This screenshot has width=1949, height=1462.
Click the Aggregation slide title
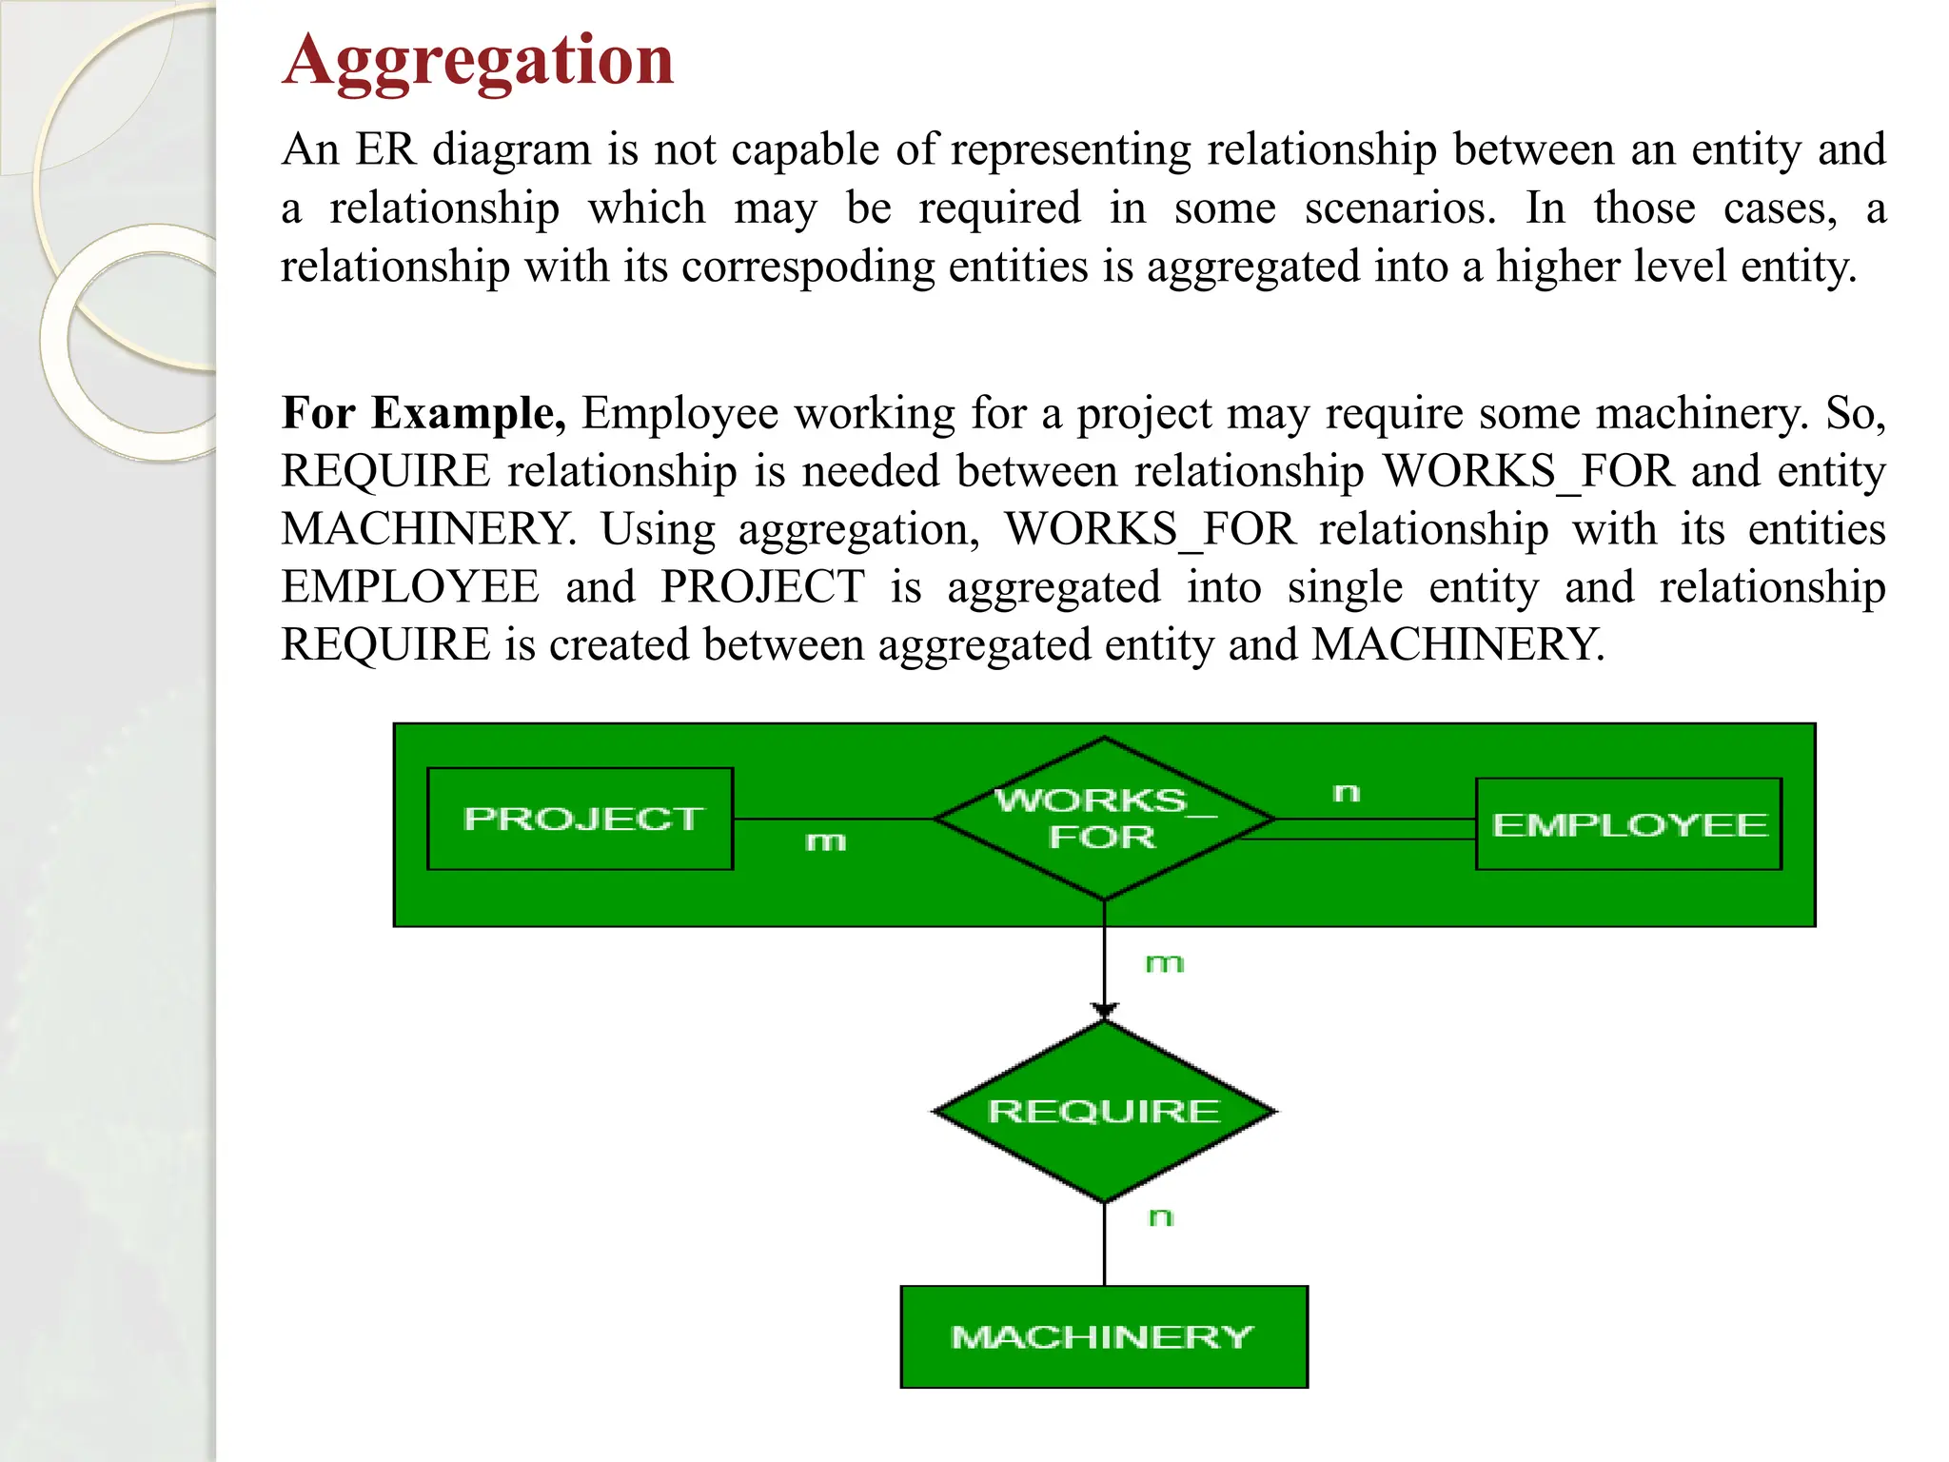pyautogui.click(x=478, y=61)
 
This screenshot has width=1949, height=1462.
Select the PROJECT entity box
pyautogui.click(x=581, y=819)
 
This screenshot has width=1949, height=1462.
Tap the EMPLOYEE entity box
pyautogui.click(x=1628, y=824)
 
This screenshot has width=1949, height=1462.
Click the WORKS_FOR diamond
pyautogui.click(x=1104, y=819)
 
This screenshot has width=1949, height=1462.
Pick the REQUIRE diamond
pyautogui.click(x=1104, y=1111)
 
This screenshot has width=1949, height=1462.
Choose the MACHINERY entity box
pyautogui.click(x=1104, y=1336)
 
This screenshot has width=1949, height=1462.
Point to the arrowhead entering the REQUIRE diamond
pyautogui.click(x=1104, y=1011)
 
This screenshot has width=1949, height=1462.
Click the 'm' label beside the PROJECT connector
pyautogui.click(x=825, y=841)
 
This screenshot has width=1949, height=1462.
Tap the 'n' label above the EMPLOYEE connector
pyautogui.click(x=1347, y=793)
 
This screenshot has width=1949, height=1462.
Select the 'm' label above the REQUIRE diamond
pyautogui.click(x=1164, y=964)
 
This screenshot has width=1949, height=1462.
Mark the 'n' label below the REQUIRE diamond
pyautogui.click(x=1161, y=1217)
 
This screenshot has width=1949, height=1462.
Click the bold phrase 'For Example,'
pyautogui.click(x=423, y=414)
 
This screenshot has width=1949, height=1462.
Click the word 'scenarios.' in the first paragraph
pyautogui.click(x=1400, y=208)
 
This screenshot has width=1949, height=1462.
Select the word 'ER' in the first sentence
pyautogui.click(x=385, y=150)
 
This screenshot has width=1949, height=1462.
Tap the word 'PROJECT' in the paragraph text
pyautogui.click(x=762, y=587)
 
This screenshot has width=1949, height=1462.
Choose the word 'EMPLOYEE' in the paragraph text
pyautogui.click(x=410, y=587)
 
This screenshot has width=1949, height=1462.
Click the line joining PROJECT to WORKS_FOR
pyautogui.click(x=833, y=819)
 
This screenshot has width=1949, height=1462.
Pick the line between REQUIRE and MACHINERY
pyautogui.click(x=1104, y=1245)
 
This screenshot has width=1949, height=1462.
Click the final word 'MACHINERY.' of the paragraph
pyautogui.click(x=1458, y=645)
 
